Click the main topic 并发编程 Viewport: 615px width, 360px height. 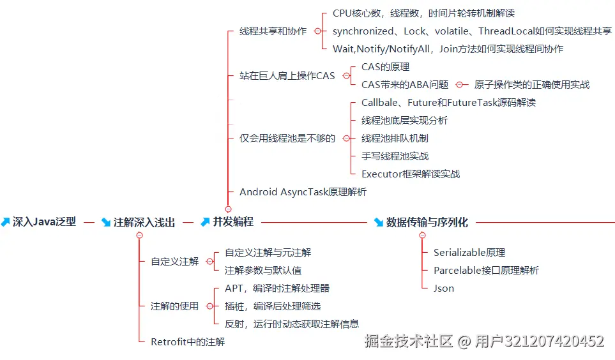tap(233, 222)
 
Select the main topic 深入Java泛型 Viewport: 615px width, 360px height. tap(44, 222)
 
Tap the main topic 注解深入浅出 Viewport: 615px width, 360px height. tap(144, 222)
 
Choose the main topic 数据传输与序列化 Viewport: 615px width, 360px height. tap(427, 222)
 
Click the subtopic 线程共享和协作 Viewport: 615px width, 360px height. tap(273, 31)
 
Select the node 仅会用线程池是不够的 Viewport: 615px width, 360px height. tap(287, 138)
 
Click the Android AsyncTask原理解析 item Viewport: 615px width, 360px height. tap(303, 191)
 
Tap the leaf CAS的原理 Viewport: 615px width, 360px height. tap(385, 66)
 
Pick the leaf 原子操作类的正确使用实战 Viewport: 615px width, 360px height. tap(532, 84)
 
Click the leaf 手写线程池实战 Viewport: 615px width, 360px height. tap(395, 156)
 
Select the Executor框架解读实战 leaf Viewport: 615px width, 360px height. tap(410, 174)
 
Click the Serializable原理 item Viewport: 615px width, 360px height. tap(469, 253)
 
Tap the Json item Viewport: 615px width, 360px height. tap(444, 289)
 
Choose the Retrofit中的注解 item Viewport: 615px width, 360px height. tap(188, 342)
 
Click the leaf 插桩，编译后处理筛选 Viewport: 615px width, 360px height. tap(273, 306)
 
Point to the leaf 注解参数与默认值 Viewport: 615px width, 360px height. tap(263, 271)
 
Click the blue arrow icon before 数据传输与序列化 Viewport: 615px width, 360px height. tap(379, 222)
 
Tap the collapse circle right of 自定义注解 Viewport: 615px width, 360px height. tap(210, 262)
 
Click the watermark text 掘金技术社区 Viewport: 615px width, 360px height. tap(409, 341)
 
